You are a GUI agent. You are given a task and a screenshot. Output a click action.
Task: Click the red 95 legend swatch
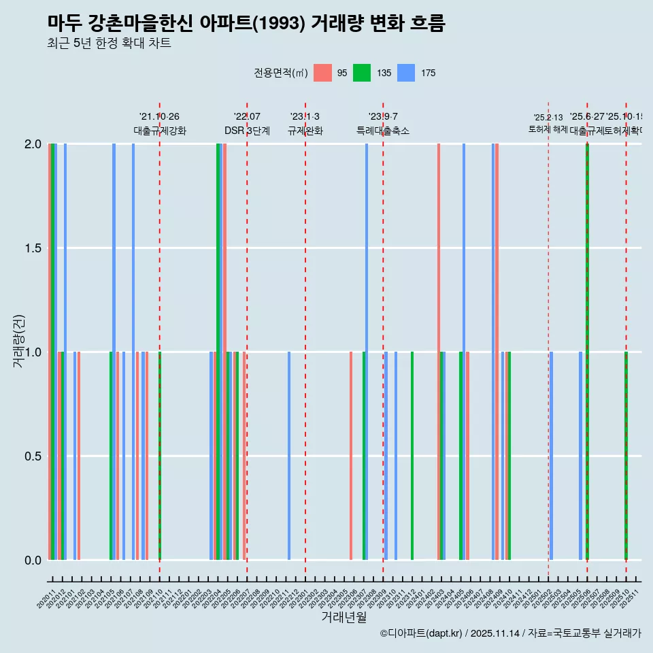click(322, 73)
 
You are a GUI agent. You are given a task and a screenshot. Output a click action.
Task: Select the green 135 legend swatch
click(362, 73)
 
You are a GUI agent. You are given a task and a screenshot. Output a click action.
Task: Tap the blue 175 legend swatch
click(406, 73)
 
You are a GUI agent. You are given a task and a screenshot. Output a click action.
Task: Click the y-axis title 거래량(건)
click(18, 341)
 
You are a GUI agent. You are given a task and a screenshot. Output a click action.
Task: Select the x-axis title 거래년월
click(344, 617)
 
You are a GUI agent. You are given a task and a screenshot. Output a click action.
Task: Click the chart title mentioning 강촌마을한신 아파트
click(246, 24)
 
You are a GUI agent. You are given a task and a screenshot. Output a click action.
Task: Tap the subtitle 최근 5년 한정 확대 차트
click(109, 44)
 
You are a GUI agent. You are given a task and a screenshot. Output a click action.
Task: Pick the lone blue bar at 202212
click(289, 456)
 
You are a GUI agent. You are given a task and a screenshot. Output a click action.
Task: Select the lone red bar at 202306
click(351, 456)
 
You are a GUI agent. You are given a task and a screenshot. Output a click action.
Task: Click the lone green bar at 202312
click(412, 456)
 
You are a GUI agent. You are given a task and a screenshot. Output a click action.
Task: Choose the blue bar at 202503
click(551, 456)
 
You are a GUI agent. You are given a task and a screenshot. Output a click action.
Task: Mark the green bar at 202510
click(626, 456)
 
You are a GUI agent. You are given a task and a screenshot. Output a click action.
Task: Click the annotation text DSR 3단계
click(247, 131)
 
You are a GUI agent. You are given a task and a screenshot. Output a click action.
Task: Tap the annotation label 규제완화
click(305, 131)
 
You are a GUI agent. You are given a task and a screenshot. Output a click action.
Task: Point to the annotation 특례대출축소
click(383, 131)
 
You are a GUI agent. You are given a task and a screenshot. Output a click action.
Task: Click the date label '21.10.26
click(159, 117)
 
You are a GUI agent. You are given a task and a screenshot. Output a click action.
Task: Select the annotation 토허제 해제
click(548, 129)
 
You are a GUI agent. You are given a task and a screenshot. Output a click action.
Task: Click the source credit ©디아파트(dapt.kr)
click(422, 633)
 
